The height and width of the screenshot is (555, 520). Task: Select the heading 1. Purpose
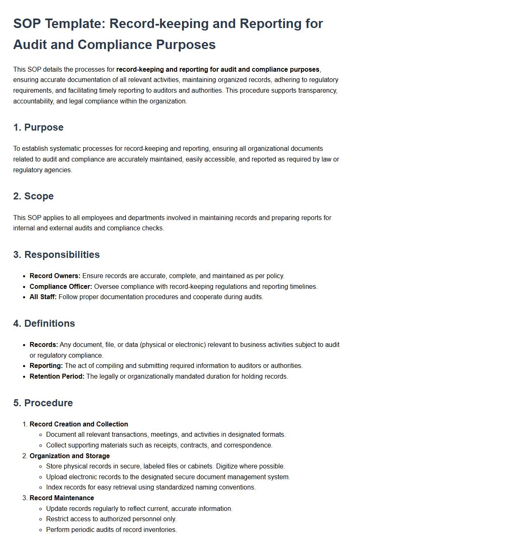pos(38,127)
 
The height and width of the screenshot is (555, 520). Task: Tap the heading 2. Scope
pos(33,196)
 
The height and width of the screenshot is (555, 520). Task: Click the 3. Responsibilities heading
pos(56,255)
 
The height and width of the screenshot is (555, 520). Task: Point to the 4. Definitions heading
pos(44,323)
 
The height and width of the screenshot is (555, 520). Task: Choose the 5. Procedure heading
pos(43,403)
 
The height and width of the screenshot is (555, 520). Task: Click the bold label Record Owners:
pos(55,276)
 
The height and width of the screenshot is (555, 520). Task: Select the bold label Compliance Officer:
pos(61,287)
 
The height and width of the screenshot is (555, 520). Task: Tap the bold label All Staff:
pos(43,297)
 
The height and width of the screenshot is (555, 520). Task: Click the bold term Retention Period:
pos(57,377)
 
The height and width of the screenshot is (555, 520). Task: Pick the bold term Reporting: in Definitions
pos(46,366)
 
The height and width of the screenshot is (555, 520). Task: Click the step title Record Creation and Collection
pos(79,424)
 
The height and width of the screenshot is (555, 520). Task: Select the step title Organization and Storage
pos(70,456)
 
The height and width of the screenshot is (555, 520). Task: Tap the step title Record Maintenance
pos(62,498)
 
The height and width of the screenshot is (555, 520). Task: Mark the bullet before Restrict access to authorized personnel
pos(40,520)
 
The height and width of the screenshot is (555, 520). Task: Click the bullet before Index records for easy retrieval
pos(40,488)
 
